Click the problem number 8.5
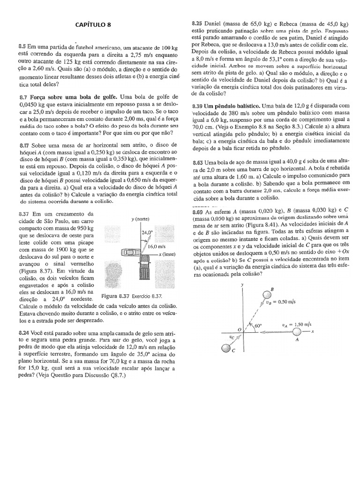tap(22, 47)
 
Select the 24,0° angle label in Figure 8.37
tap(148, 232)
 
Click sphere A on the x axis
tap(296, 332)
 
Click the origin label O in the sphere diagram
tap(239, 330)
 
